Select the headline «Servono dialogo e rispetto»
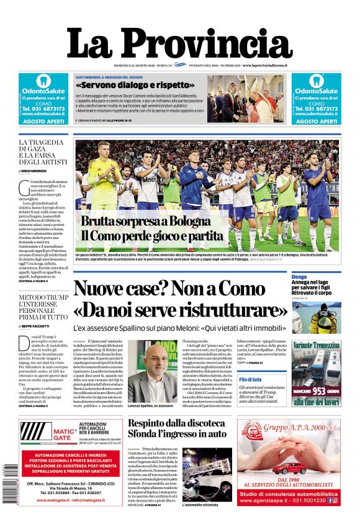[x=135, y=84]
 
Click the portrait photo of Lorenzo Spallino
[x=152, y=372]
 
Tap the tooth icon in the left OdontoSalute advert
[x=43, y=81]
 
